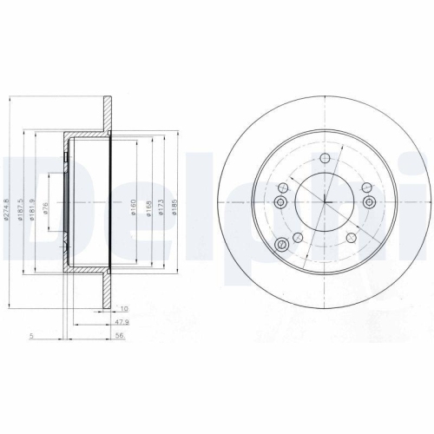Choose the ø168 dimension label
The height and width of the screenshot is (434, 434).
pos(149,207)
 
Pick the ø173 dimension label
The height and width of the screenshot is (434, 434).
pos(161,207)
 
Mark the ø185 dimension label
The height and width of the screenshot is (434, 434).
pos(174,207)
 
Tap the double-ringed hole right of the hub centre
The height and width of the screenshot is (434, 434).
pos(370,202)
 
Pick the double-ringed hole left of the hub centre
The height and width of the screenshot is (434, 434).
pos(279,202)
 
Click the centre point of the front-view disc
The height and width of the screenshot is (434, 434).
pos(325,202)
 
